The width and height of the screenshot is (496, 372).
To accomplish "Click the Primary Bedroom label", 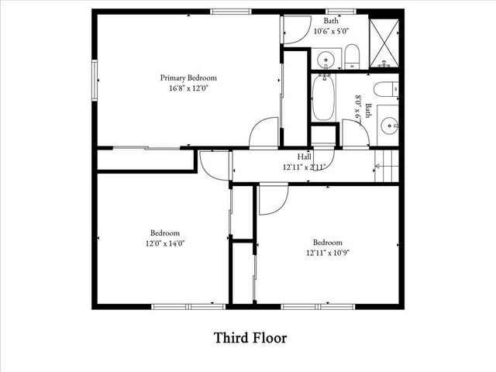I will click(188, 77).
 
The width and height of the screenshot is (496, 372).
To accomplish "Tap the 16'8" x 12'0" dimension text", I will click(188, 88).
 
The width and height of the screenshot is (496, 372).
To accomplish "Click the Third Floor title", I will click(250, 339).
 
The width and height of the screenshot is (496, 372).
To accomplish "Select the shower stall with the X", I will click(384, 37).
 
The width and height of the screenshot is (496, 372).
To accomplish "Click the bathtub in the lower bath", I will click(324, 98).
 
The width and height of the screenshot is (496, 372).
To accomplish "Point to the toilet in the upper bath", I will click(352, 56).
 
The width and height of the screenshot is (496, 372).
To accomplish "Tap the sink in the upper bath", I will click(326, 58).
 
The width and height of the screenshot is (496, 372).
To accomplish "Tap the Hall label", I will click(294, 157).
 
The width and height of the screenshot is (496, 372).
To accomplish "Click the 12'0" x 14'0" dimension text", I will click(165, 243).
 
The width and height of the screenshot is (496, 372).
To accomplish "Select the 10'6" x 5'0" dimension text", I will click(331, 32).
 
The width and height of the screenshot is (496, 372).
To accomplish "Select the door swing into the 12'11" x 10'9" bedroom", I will click(272, 200).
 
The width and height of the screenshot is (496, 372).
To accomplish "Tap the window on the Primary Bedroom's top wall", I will click(231, 11).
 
